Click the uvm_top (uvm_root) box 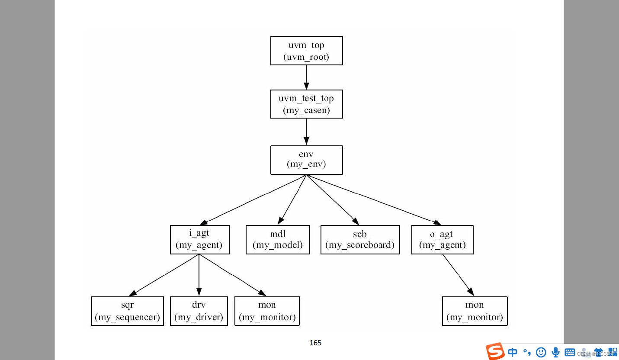click(306, 51)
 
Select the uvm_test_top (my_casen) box click(306, 104)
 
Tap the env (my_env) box click(306, 160)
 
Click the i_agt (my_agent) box click(199, 239)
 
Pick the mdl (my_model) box click(278, 239)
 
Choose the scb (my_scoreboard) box click(360, 239)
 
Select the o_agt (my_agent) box click(442, 239)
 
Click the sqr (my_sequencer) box click(128, 311)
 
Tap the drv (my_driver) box click(199, 311)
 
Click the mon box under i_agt click(267, 311)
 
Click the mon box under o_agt click(475, 311)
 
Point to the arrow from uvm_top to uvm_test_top click(306, 77)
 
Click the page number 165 click(315, 343)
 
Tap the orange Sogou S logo click(495, 351)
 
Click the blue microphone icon click(555, 352)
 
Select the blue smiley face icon click(541, 352)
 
